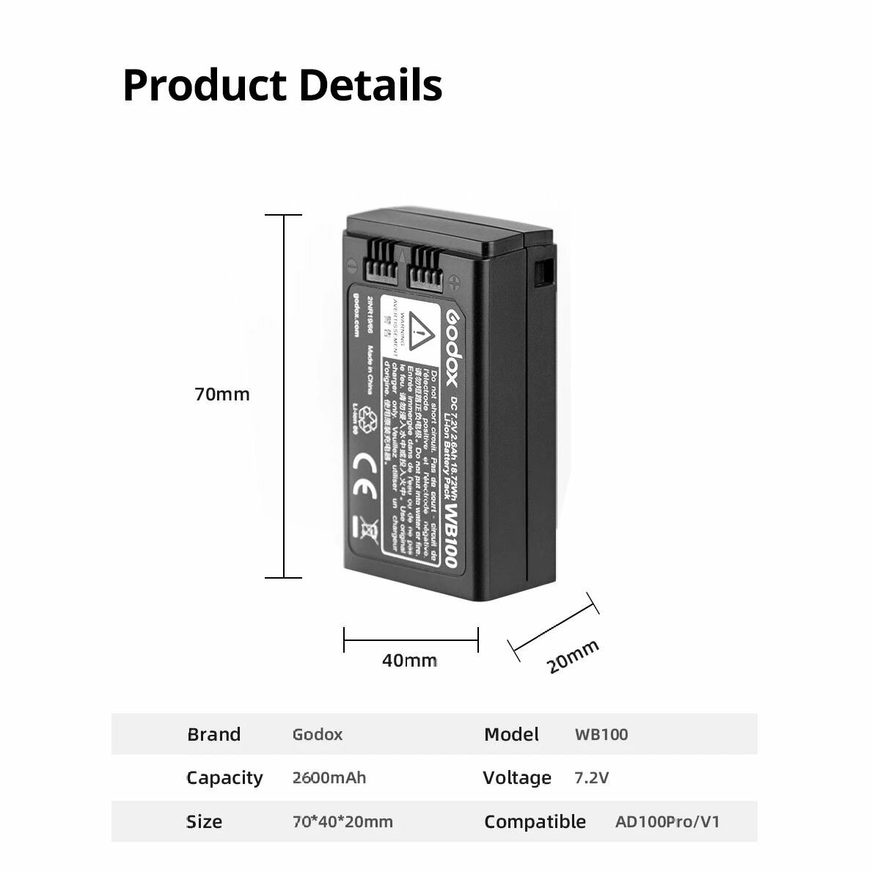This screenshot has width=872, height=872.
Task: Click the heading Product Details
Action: (282, 85)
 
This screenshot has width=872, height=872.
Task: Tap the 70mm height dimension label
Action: (222, 395)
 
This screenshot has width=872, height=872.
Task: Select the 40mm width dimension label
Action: (409, 661)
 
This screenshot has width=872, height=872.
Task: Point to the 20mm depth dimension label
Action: (573, 656)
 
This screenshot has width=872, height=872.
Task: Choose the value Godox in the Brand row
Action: (317, 734)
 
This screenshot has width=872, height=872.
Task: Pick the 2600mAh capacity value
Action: (329, 777)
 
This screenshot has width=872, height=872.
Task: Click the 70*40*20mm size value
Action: (342, 821)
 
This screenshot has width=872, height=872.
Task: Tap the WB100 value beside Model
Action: (601, 734)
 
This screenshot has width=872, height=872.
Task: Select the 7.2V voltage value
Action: (591, 777)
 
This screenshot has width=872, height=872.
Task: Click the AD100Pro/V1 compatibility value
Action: (667, 821)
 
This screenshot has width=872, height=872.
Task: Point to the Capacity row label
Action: (224, 777)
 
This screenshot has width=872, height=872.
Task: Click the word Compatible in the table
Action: (535, 821)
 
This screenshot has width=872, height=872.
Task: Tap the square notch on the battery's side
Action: (543, 272)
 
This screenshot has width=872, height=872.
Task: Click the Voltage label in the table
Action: (517, 777)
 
